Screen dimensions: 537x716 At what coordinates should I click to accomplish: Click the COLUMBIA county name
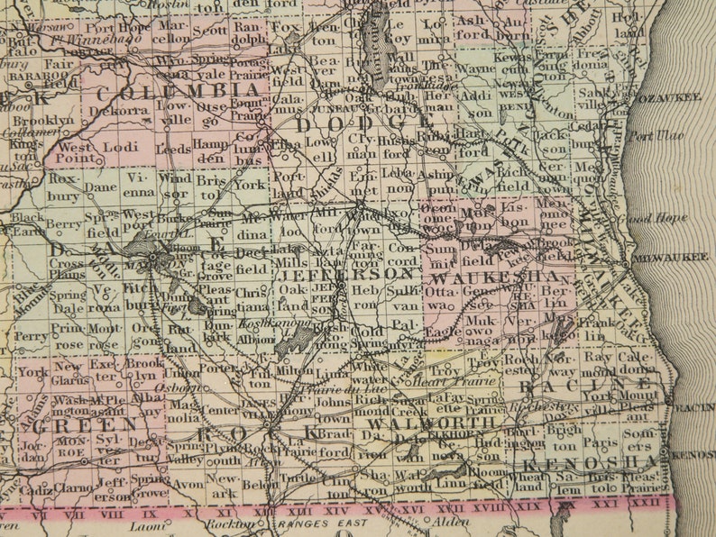179,92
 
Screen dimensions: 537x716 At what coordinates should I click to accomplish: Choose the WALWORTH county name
413,423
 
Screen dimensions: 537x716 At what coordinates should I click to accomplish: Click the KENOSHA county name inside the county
577,462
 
